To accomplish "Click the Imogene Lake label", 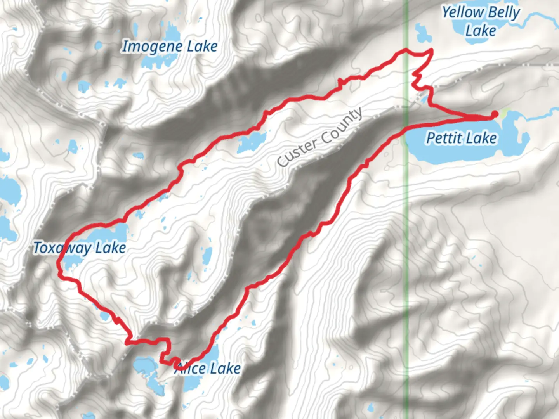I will pos(170,47).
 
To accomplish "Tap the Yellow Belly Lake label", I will pos(481,21).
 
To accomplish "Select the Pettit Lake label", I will pos(461,138).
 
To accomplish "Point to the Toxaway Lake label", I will pos(80,248).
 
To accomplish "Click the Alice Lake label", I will pos(208,368).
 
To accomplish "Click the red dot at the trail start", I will pos(495,114).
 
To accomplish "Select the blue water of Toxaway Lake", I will pos(113,233).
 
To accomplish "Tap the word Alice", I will pos(190,368).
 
